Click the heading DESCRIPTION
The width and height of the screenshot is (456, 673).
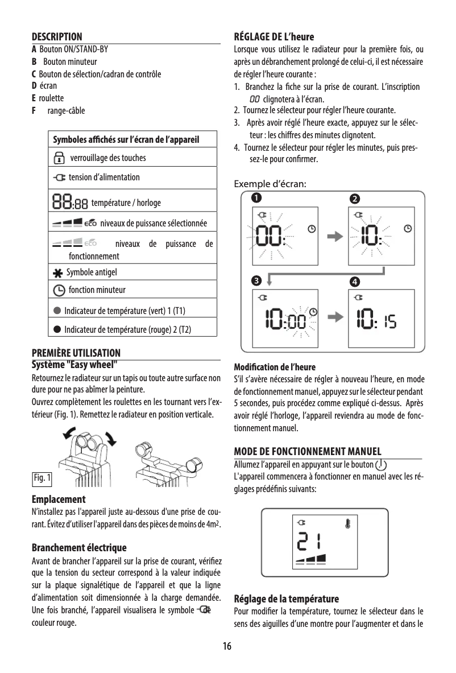point(57,37)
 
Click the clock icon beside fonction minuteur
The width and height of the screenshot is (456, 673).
point(59,291)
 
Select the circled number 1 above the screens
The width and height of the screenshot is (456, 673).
point(257,199)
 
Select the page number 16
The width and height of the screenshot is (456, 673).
point(227,647)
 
